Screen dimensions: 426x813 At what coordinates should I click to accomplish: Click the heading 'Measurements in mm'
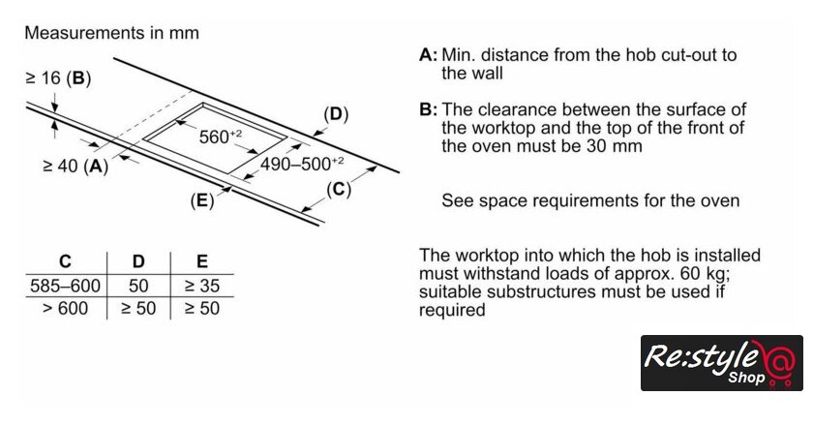point(111,33)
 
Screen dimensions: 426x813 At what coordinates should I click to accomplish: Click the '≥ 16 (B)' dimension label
point(58,77)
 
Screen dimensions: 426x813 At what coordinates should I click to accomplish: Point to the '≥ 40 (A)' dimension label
point(75,166)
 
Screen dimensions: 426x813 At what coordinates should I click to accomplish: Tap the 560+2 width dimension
point(220,137)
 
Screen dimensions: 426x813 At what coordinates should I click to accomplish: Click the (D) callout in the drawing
point(335,115)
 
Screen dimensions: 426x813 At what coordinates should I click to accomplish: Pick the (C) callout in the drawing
point(338,189)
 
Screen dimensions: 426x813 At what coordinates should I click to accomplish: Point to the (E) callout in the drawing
point(201,201)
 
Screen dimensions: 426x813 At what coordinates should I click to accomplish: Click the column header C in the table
point(65,262)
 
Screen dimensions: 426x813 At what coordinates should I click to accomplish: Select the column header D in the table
point(138,262)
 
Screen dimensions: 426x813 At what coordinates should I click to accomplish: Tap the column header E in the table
point(201,262)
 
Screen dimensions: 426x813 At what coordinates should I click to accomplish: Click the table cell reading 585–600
point(65,287)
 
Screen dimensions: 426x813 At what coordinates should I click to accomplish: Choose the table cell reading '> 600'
point(66,309)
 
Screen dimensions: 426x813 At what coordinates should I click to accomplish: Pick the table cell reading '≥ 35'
point(201,287)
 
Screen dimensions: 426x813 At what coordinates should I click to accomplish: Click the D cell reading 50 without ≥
point(138,287)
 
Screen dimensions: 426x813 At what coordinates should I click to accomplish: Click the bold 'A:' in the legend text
point(429,54)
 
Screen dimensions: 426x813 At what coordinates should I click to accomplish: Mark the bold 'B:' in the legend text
point(429,109)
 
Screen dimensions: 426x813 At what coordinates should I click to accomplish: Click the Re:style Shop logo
point(721,363)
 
